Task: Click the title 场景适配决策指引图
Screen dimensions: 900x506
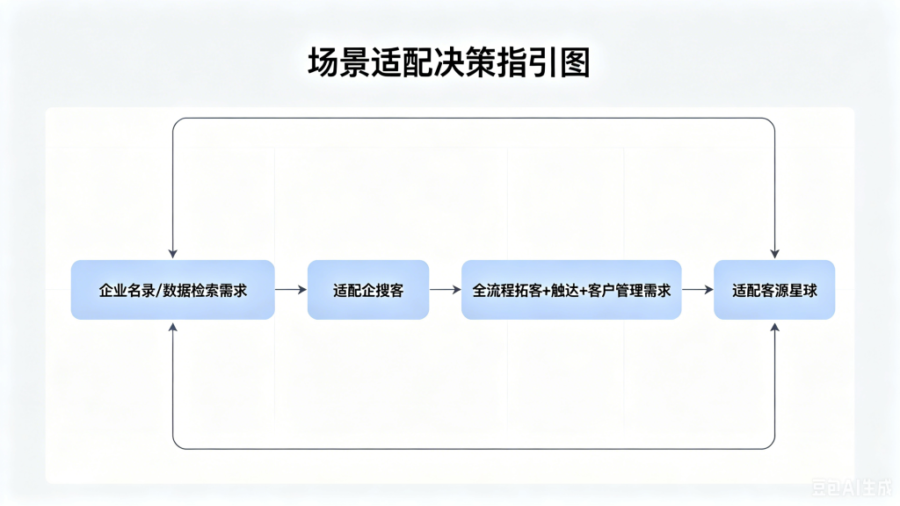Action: (449, 62)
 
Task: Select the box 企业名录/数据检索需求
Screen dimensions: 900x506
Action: (173, 290)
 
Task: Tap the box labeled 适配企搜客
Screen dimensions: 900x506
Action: (368, 290)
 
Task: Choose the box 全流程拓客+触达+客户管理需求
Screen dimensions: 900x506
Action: (571, 290)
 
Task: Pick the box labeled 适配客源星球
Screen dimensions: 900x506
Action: (774, 290)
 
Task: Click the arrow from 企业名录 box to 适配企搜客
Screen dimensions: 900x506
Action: (291, 290)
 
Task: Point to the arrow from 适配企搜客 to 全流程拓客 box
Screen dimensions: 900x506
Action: (446, 290)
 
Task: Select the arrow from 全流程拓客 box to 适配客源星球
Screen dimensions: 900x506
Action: (698, 290)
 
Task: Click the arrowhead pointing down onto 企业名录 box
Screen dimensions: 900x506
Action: (173, 254)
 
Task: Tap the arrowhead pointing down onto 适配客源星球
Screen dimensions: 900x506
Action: (775, 254)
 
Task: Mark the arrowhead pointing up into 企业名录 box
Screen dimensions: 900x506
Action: (173, 327)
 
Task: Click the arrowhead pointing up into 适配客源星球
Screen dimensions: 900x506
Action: (775, 327)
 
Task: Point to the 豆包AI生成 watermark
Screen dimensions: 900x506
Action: (853, 488)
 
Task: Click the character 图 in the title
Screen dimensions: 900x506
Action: (575, 62)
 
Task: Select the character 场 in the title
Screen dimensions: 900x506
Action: (323, 62)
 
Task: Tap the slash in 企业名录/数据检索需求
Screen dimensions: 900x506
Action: (159, 290)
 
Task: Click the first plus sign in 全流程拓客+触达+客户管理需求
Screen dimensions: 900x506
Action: (546, 291)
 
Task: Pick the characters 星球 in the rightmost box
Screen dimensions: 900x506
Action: (803, 290)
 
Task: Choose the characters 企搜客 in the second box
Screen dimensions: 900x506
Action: (382, 290)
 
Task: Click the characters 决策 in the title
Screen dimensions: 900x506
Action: (464, 62)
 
